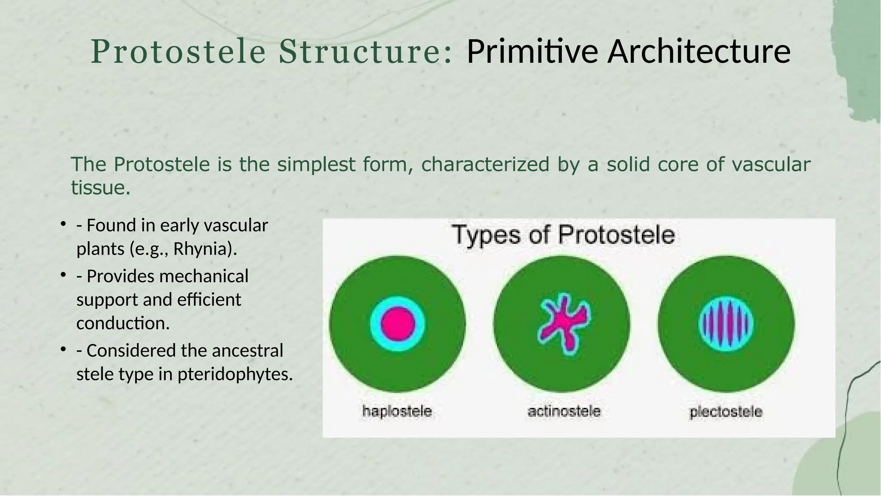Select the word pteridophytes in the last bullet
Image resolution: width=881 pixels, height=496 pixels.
(234, 374)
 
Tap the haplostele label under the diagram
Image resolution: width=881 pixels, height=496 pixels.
(397, 411)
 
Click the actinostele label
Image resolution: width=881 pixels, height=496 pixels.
(564, 411)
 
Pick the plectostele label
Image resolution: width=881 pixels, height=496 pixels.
(726, 412)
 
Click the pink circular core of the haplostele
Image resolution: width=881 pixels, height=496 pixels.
(397, 323)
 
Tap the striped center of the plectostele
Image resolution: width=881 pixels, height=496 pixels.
(726, 323)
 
